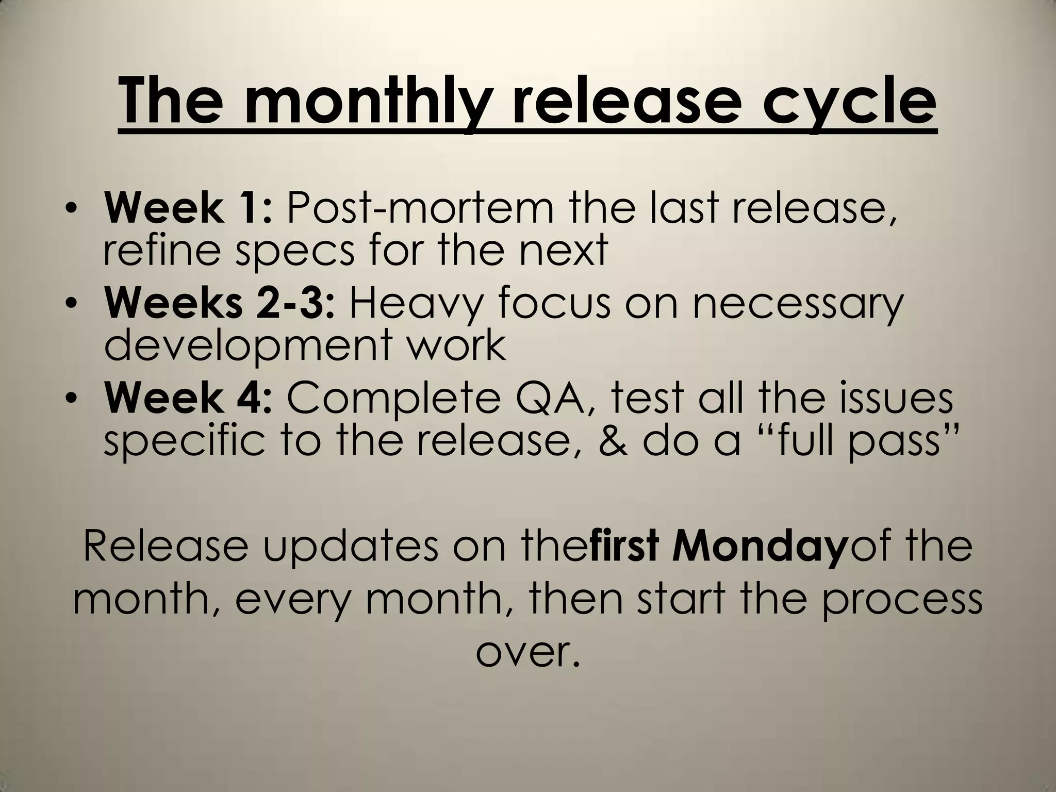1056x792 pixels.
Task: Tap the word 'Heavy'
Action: point(415,304)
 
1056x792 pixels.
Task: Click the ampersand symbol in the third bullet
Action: point(614,441)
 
